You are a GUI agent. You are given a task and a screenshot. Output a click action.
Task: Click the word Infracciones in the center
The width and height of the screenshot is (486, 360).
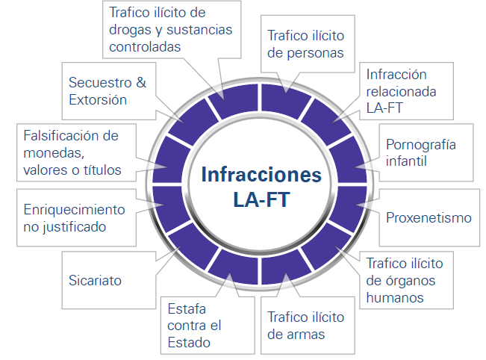click(261, 175)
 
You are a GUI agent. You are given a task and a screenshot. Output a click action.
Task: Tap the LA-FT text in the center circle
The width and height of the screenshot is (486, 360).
click(261, 199)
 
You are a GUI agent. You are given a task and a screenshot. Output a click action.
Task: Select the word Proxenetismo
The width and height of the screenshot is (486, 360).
click(429, 217)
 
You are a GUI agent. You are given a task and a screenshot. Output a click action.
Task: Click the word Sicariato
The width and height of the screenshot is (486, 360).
click(95, 280)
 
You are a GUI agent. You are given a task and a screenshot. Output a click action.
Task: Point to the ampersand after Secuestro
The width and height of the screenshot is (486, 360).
click(141, 82)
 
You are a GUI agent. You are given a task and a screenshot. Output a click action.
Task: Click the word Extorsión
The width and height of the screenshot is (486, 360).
click(98, 100)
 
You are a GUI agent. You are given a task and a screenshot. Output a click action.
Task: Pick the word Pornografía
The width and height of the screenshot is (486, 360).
click(421, 145)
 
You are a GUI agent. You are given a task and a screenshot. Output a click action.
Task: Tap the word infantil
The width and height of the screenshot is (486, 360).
click(406, 161)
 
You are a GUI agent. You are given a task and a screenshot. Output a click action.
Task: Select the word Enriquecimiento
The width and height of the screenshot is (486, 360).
click(75, 210)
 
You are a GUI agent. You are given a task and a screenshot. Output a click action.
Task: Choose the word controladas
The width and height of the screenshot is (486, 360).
click(145, 47)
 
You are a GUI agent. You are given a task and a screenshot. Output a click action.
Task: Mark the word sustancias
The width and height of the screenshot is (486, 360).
click(199, 30)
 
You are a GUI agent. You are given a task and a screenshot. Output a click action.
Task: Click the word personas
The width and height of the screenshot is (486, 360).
click(315, 53)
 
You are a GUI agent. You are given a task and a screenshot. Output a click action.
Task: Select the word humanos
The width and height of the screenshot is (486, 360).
click(395, 298)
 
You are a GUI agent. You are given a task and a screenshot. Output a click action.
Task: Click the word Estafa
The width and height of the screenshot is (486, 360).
click(187, 308)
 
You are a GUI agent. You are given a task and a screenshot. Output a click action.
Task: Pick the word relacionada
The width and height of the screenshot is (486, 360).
click(401, 92)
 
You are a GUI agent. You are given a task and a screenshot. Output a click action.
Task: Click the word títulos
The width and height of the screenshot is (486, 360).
click(102, 170)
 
